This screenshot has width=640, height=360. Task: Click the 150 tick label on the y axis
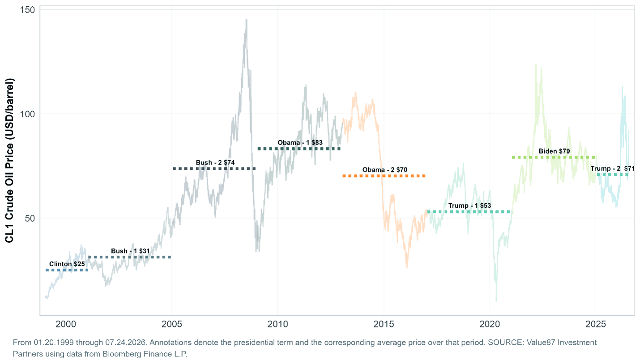click(27, 10)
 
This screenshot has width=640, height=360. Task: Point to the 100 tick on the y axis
click(27, 114)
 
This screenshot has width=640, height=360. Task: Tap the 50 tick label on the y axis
click(30, 219)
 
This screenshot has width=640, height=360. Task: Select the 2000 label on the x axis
click(66, 324)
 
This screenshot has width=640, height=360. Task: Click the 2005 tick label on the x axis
click(172, 324)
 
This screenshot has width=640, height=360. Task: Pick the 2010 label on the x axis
click(278, 324)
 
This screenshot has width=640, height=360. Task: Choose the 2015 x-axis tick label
click(384, 324)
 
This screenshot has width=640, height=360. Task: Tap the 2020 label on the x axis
click(490, 324)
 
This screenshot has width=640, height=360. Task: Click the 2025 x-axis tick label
click(596, 324)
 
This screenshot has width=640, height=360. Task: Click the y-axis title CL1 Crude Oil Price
click(9, 161)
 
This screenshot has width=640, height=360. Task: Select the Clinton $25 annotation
click(67, 264)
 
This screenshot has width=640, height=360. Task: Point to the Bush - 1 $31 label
click(130, 251)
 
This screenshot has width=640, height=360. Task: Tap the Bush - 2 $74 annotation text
click(215, 163)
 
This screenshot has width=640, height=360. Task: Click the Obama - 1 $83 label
click(300, 142)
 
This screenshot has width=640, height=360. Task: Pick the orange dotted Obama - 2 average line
click(384, 176)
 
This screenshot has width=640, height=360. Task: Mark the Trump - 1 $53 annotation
click(469, 206)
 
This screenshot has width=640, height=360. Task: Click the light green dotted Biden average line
click(554, 157)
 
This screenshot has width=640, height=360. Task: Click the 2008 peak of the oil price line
click(246, 19)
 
